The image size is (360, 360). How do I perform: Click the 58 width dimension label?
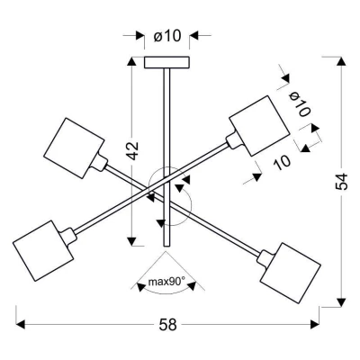tap(168, 325)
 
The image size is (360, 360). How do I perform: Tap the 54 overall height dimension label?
tap(342, 182)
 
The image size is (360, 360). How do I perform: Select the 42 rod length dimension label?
tap(132, 150)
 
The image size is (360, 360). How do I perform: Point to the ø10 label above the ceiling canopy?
tap(167, 36)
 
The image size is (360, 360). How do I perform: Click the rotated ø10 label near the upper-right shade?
tap(300, 104)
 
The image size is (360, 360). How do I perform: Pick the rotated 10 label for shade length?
tap(282, 162)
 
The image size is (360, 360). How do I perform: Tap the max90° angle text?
tap(166, 282)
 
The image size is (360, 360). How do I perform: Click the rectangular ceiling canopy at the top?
tap(166, 62)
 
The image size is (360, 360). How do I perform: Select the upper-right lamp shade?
tap(260, 126)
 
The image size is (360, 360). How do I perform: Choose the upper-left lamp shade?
tap(74, 148)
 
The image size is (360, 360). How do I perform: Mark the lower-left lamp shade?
tap(43, 251)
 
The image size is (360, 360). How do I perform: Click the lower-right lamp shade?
tap(291, 274)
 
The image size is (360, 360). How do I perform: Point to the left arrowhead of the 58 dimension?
tap(20, 324)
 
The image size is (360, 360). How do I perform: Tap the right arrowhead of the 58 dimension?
tap(314, 324)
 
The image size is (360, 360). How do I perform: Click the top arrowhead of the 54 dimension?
tap(341, 61)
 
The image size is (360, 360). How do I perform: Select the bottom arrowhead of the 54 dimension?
tap(341, 302)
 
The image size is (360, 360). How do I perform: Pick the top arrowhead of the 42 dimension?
tap(131, 61)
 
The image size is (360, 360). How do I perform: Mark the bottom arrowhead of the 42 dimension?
tap(131, 241)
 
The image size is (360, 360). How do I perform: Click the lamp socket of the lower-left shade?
tap(68, 236)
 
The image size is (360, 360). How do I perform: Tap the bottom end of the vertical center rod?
tap(166, 247)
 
